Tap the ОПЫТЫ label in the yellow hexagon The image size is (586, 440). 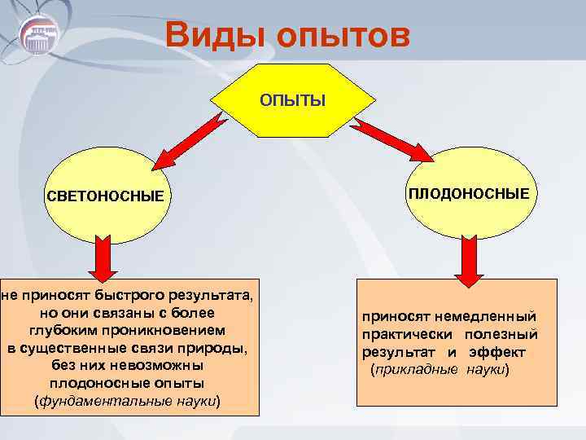292,100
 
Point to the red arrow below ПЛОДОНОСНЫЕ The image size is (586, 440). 467,258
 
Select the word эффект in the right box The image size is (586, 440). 497,352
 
